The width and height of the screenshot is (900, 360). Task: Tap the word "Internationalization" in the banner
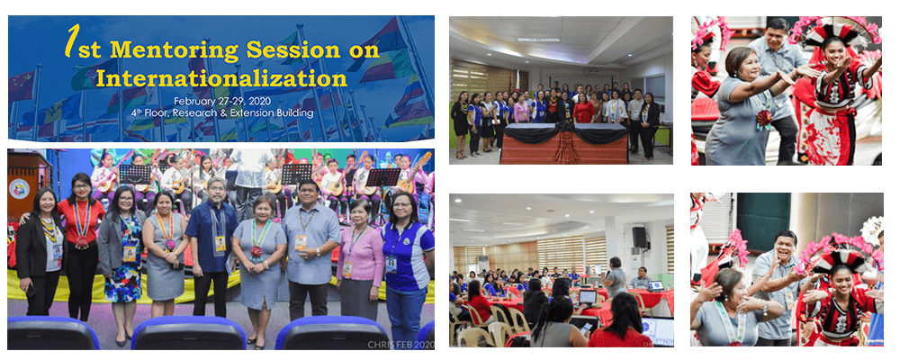221,76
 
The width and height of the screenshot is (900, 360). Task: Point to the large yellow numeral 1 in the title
71,41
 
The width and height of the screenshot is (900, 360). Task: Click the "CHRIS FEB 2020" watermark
399,344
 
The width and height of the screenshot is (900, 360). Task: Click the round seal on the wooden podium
18,187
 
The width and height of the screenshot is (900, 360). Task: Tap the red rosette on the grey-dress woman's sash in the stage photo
256,251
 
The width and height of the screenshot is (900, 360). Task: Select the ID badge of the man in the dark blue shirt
220,243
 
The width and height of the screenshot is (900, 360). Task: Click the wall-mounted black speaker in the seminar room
639,237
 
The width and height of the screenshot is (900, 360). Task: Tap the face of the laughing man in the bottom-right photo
785,247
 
